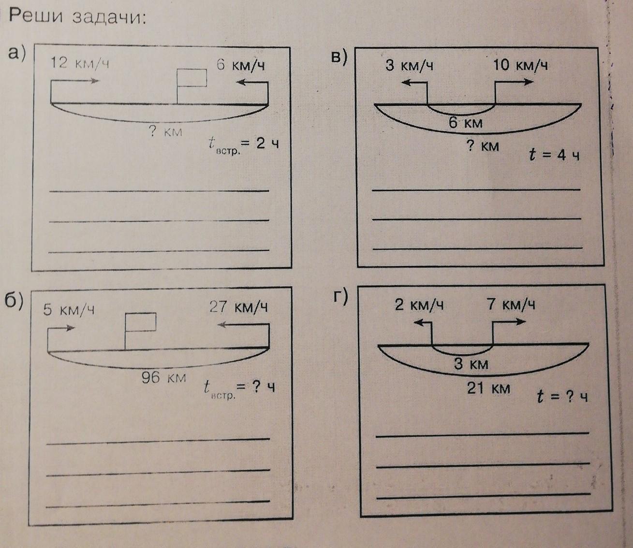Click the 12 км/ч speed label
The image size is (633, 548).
click(80, 63)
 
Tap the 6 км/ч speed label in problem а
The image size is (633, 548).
click(240, 65)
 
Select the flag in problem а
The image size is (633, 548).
click(191, 78)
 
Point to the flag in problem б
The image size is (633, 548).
click(140, 322)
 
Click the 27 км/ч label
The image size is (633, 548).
click(238, 307)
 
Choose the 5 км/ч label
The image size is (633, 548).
click(68, 309)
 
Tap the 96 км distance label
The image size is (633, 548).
click(163, 377)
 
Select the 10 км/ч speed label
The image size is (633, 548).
click(520, 65)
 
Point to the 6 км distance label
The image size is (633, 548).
click(466, 123)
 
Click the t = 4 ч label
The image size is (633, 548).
click(554, 155)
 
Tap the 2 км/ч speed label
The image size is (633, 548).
click(419, 305)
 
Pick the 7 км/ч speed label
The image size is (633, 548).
click(511, 305)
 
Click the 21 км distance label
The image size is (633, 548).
click(488, 388)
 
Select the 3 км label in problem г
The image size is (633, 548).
click(471, 363)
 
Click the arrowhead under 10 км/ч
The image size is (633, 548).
click(529, 82)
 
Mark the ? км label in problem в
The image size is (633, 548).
click(482, 145)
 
